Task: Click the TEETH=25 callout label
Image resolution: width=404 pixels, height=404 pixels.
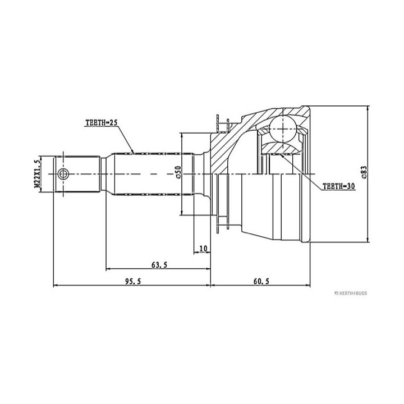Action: coord(101,123)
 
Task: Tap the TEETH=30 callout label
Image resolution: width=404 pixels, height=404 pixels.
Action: coord(339,186)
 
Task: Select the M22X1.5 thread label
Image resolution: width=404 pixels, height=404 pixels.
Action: coord(38,174)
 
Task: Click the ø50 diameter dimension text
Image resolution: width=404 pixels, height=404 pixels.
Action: coord(178,172)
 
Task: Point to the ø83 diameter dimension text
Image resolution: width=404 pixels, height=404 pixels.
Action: coord(364,172)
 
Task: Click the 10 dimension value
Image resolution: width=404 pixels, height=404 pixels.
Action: coord(203,249)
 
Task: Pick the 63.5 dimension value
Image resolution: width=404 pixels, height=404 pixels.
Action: coord(159,265)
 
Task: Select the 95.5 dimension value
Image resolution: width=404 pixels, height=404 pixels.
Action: coord(133,281)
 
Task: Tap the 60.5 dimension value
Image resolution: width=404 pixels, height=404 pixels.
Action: coord(261,281)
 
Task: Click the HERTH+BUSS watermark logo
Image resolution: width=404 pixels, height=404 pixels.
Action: coord(350,293)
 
